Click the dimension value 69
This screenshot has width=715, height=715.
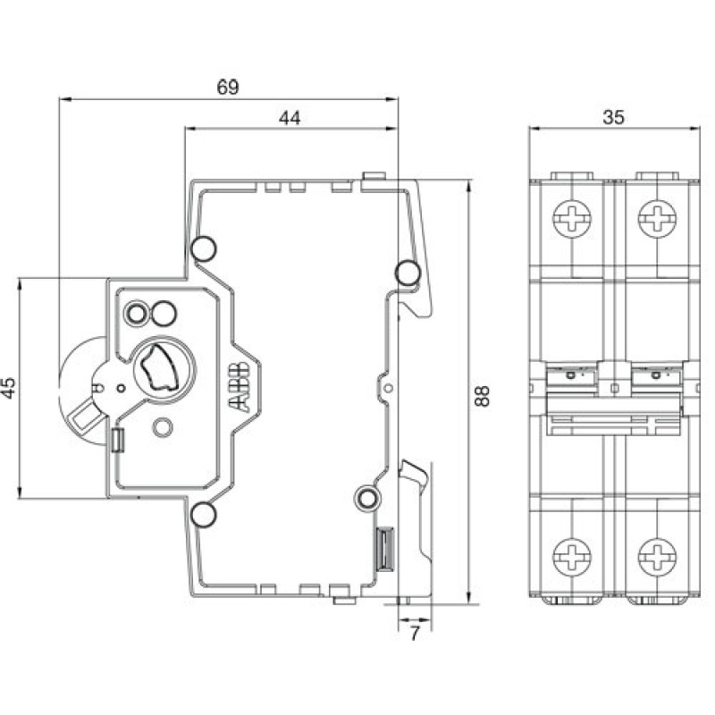(x=228, y=87)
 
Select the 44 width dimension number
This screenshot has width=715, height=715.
(x=289, y=117)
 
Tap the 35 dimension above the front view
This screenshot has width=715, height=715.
(x=613, y=116)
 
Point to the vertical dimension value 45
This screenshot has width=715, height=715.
(x=8, y=388)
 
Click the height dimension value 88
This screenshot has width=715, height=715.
(x=484, y=397)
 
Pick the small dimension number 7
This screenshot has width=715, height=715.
(x=413, y=635)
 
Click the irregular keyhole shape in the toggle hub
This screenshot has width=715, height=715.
(x=160, y=368)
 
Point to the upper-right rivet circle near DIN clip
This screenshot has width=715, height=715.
(x=407, y=271)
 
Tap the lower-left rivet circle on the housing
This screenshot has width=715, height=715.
(x=202, y=513)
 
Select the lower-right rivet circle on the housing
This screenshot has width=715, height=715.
(x=366, y=498)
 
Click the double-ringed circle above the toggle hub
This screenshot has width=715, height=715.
(x=138, y=312)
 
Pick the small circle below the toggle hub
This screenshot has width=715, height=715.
(x=162, y=427)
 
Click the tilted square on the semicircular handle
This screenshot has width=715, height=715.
(x=83, y=416)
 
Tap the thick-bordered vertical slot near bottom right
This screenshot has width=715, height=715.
(x=384, y=548)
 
